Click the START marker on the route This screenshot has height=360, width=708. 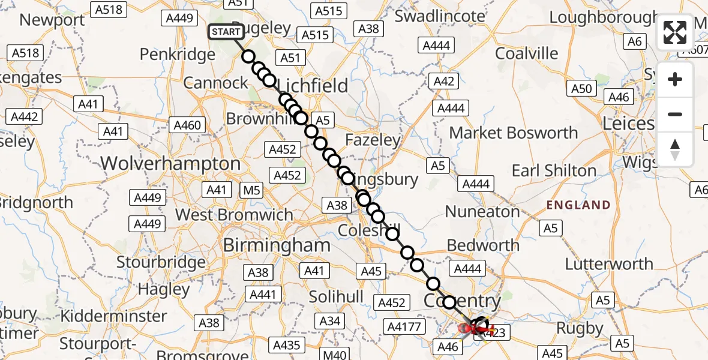click(226, 32)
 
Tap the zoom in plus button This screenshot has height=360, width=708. click(675, 79)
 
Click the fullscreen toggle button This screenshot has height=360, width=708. click(675, 32)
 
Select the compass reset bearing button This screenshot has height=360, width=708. click(675, 149)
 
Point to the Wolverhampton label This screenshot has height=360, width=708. click(170, 164)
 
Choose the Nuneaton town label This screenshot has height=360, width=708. click(482, 212)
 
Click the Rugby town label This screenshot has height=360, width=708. click(580, 328)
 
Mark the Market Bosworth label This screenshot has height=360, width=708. click(514, 133)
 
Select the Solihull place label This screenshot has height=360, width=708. click(336, 296)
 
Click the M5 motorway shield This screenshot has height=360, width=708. click(251, 191)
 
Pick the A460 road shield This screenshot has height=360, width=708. click(188, 125)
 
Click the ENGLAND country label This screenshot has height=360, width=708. click(578, 205)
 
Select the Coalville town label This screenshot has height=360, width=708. click(526, 53)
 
